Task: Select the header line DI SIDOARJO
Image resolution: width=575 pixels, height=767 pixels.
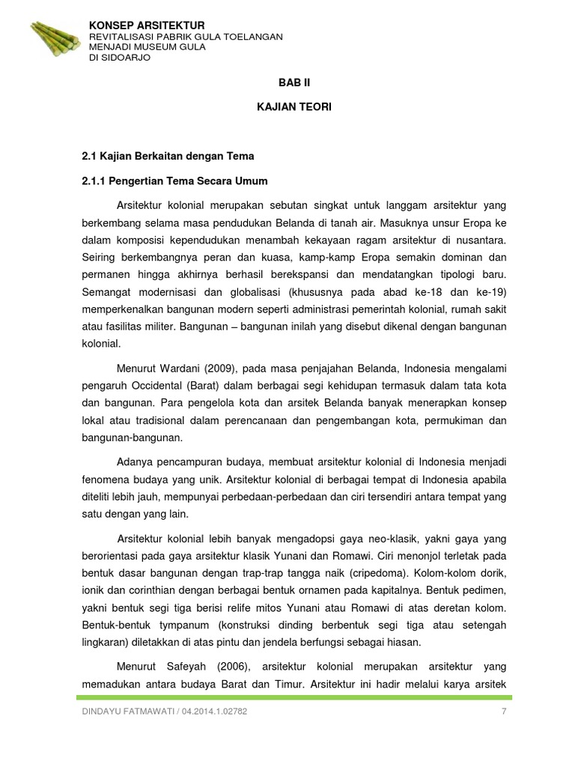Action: point(120,58)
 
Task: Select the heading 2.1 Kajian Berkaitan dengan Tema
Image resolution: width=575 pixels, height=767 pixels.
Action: point(168,156)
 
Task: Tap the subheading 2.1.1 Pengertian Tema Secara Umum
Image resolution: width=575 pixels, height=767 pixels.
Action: point(174,181)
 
